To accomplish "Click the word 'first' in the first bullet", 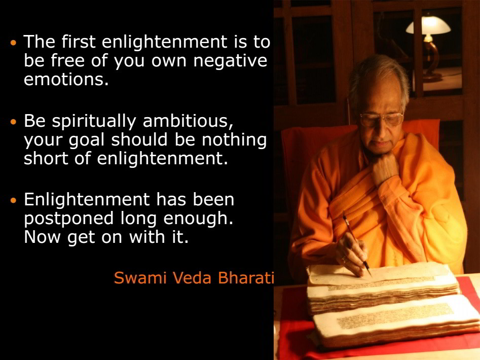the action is [x=79, y=42].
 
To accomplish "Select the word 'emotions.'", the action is [x=66, y=79].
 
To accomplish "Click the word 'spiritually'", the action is [x=94, y=121].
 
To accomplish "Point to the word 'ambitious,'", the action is [x=188, y=121].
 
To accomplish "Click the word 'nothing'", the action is [x=234, y=140].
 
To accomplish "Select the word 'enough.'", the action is [x=198, y=219].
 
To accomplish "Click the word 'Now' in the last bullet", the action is [x=42, y=237].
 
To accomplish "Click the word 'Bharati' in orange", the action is [x=246, y=278].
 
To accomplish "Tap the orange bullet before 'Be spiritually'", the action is [x=13, y=122].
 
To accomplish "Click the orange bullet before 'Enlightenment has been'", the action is [x=13, y=200].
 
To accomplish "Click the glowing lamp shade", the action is [x=428, y=26].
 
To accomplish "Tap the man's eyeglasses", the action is [x=381, y=119].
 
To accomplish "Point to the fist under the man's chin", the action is [x=384, y=167].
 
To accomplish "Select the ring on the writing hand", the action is [x=344, y=261].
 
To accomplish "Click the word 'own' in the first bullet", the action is [x=169, y=61].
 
